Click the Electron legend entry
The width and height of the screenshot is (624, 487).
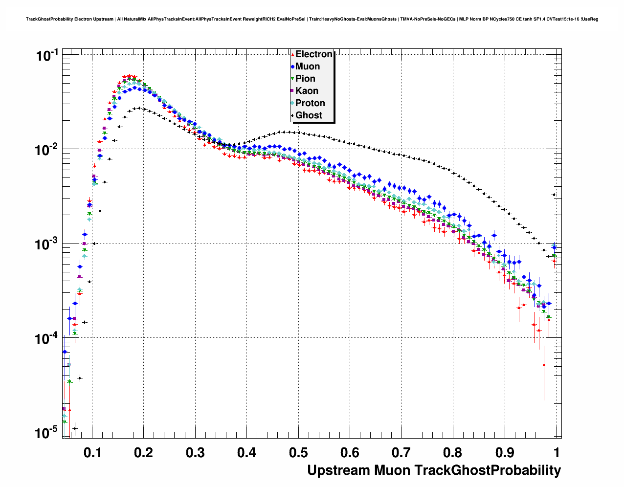(x=313, y=54)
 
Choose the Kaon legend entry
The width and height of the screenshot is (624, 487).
(x=307, y=91)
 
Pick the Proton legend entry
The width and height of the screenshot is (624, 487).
(x=310, y=103)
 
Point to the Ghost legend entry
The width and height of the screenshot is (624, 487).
(x=309, y=115)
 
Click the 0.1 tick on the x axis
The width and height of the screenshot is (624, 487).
(x=92, y=452)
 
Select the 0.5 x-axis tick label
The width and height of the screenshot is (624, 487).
(x=298, y=452)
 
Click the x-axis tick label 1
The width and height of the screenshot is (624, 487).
(x=557, y=452)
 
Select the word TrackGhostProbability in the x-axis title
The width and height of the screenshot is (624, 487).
(x=488, y=470)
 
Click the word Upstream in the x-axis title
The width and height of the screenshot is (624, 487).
(x=338, y=470)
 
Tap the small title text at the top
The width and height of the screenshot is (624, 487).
(x=312, y=19)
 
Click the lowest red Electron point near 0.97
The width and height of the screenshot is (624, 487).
(x=544, y=365)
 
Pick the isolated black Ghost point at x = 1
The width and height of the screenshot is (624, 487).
(x=554, y=195)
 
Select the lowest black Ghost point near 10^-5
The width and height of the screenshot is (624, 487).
(x=75, y=429)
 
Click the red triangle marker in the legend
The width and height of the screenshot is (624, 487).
(x=292, y=54)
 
